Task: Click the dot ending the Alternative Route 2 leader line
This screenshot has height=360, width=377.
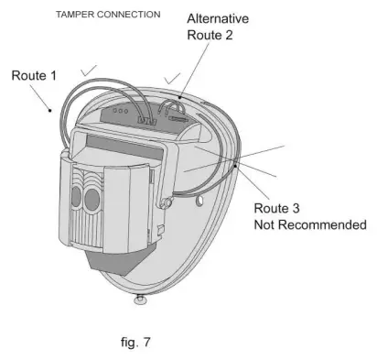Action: pyautogui.click(x=180, y=93)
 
